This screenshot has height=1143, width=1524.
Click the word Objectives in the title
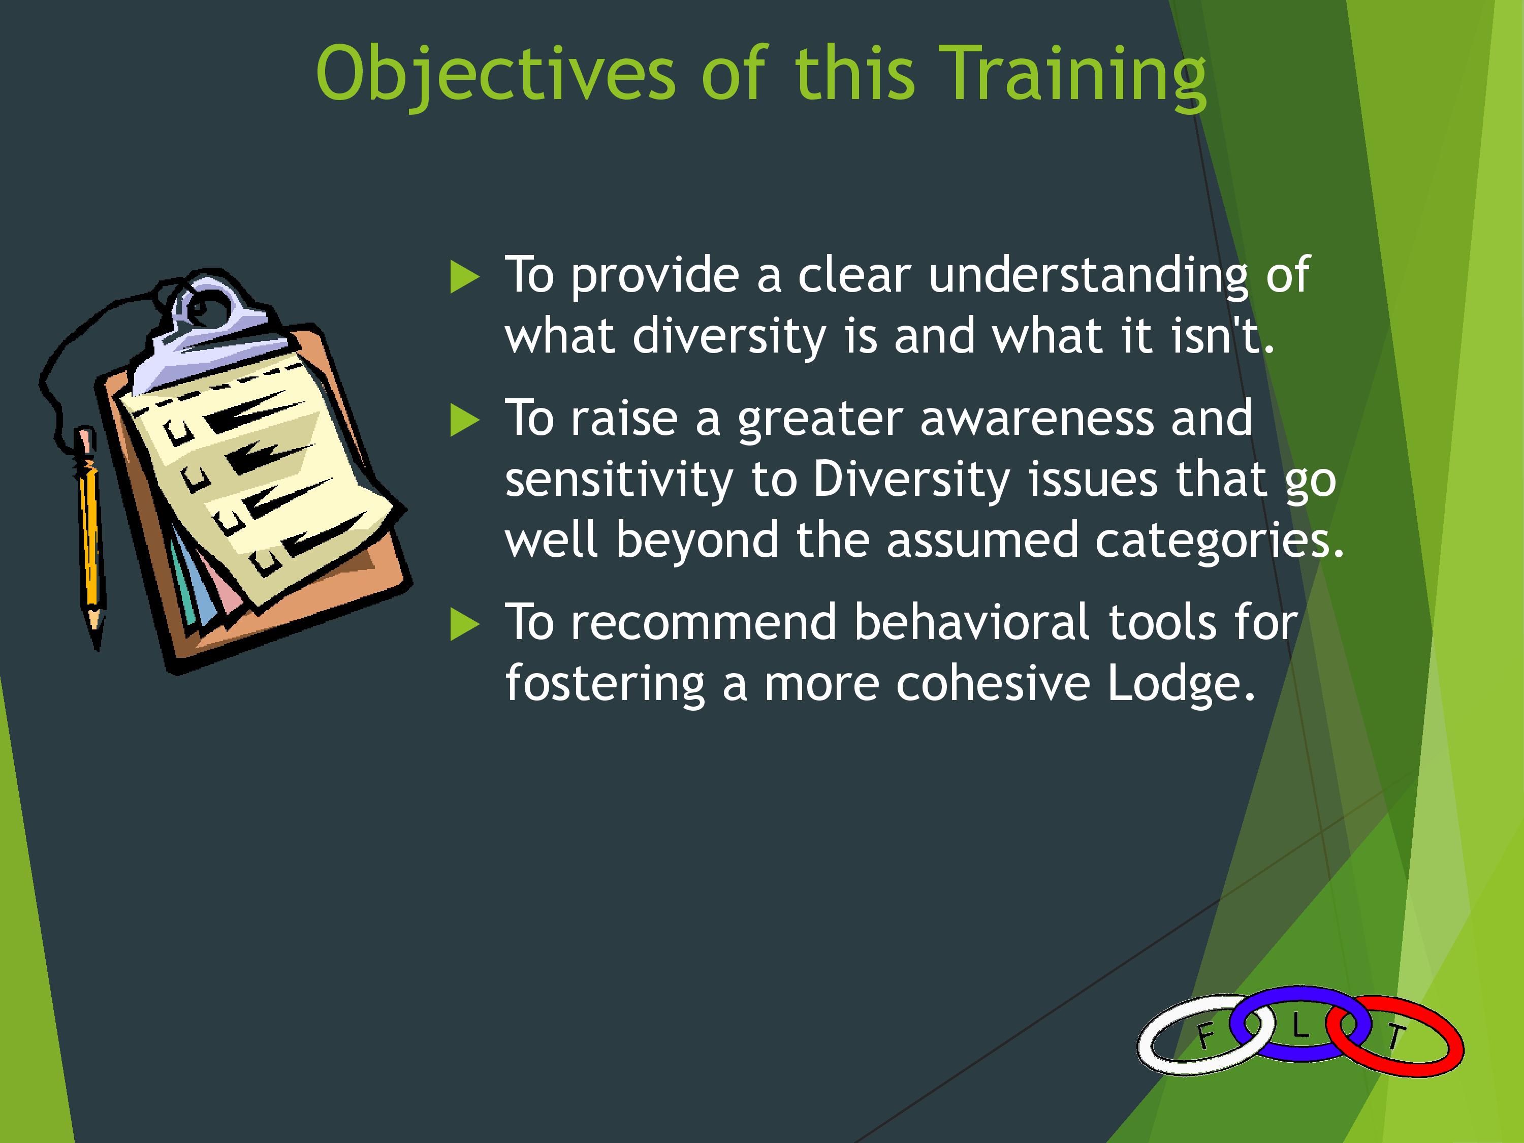496,74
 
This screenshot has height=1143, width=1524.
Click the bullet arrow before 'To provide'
464,277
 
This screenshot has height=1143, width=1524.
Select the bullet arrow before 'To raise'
464,420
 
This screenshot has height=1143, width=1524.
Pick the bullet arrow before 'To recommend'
464,625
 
